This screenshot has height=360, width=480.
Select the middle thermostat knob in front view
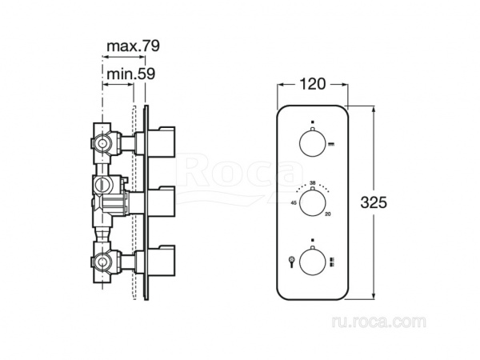click(313, 202)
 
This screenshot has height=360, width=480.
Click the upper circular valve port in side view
click(102, 144)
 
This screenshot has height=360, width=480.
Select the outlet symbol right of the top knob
click(331, 143)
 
